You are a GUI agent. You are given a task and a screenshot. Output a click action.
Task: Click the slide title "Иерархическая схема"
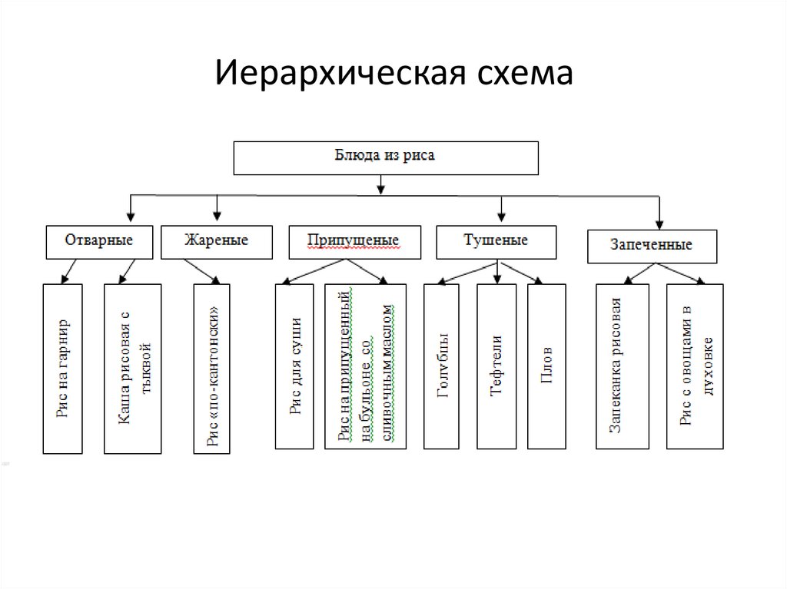(x=393, y=74)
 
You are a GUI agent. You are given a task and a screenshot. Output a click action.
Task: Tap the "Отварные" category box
(x=99, y=241)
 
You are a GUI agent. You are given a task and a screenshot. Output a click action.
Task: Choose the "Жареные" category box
(x=216, y=241)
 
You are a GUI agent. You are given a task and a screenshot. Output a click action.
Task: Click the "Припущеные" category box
(x=354, y=242)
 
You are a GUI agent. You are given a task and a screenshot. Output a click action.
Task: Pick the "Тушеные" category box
(x=496, y=241)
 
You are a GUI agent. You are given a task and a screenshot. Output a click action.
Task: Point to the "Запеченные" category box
(x=652, y=246)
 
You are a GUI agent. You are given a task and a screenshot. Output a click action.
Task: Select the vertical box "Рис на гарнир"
(x=63, y=368)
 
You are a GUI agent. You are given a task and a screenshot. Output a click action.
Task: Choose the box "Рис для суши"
(x=294, y=366)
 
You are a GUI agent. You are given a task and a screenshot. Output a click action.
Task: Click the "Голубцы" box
(x=441, y=366)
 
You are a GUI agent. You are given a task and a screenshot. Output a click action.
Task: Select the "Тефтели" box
(x=496, y=366)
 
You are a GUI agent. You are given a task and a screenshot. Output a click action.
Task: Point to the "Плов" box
(x=546, y=366)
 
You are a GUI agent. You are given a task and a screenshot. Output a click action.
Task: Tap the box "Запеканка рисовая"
(x=622, y=366)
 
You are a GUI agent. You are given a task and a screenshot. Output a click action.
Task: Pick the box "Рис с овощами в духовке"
(x=695, y=366)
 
